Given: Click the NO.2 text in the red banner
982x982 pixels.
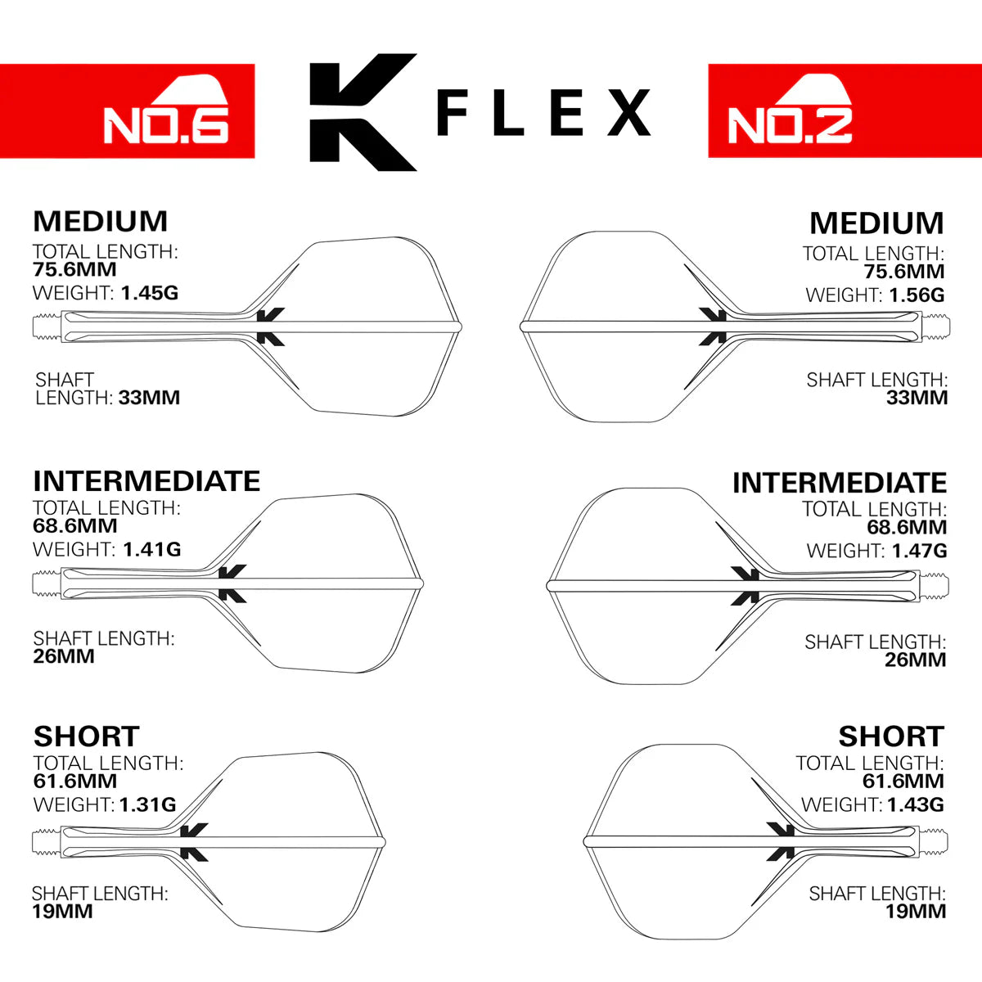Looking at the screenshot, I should click(790, 124).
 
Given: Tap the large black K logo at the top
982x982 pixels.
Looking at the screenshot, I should click(361, 112).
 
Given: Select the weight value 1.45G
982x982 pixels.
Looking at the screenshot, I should click(149, 293).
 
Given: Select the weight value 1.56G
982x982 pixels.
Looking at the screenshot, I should click(916, 295).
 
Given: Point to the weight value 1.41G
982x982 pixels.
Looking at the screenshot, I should click(151, 550).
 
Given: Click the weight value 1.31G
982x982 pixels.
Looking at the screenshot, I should click(147, 805).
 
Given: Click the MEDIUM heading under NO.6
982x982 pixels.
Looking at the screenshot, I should click(100, 222).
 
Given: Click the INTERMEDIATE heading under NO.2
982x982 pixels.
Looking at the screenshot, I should click(840, 483).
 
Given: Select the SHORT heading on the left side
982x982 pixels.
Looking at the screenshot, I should click(86, 736).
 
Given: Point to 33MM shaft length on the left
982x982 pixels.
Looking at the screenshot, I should click(149, 399).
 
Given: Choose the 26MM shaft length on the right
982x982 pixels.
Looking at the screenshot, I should click(915, 660).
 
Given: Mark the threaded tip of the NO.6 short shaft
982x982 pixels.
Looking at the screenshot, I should click(46, 841).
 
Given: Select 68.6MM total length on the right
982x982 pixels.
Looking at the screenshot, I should click(906, 528).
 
